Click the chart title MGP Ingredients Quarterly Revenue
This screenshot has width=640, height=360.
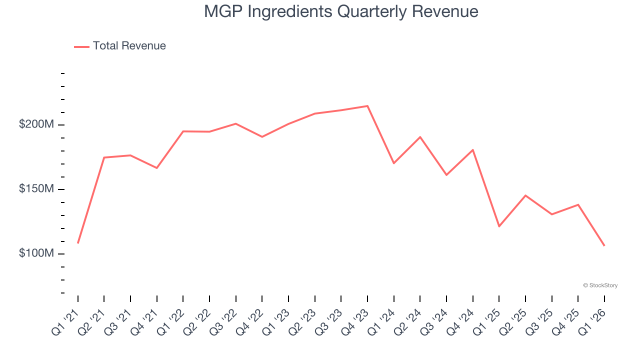click(341, 11)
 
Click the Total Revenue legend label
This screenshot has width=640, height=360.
click(129, 46)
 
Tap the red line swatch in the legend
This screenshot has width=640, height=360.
click(81, 46)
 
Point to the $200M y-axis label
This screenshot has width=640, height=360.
click(36, 124)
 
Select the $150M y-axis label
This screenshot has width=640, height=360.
click(36, 189)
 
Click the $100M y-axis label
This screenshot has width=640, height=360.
click(36, 253)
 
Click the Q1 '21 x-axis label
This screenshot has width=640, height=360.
click(65, 321)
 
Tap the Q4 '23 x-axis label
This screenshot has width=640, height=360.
click(354, 321)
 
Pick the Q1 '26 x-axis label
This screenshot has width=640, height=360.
click(591, 321)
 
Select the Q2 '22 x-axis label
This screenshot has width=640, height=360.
click(196, 321)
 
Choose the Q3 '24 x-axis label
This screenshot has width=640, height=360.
click(433, 321)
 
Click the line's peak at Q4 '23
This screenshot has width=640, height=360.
click(367, 106)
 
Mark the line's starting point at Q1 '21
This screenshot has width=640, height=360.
click(78, 243)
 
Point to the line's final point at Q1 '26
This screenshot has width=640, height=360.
click(604, 245)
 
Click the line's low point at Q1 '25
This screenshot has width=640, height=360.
click(499, 226)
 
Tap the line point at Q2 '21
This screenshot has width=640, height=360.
click(104, 157)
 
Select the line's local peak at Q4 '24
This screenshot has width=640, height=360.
click(472, 150)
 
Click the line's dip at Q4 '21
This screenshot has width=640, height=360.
click(157, 168)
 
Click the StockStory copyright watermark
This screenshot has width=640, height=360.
click(600, 285)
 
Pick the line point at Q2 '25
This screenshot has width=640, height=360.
click(525, 195)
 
